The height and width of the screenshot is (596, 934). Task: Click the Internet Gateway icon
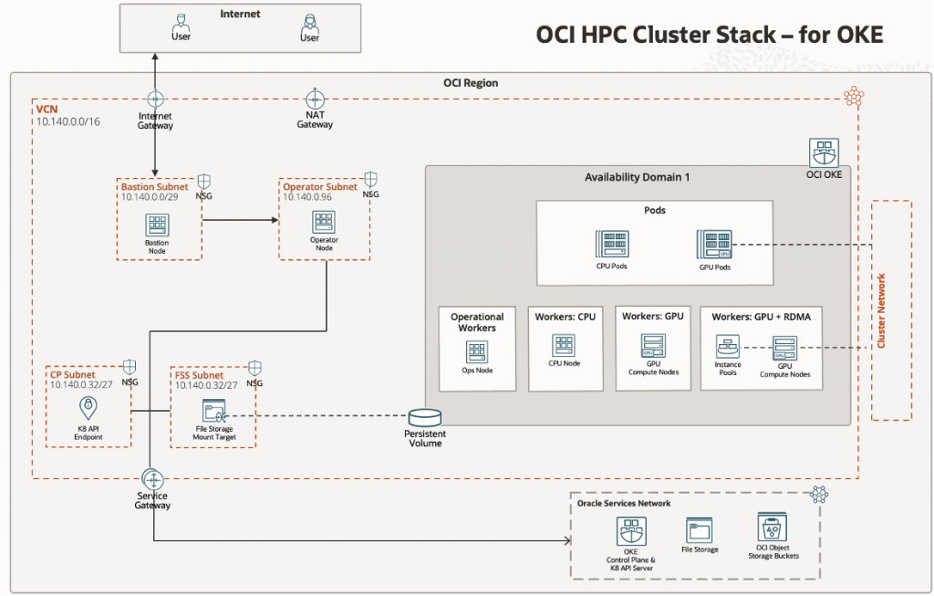coord(155,99)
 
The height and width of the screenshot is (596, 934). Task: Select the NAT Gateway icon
coord(315,99)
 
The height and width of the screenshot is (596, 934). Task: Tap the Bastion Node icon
coord(156,224)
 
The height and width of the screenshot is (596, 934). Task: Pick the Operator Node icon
coord(324,222)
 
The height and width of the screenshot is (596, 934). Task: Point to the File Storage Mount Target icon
coord(214,411)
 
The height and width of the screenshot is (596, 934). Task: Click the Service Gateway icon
coord(152,479)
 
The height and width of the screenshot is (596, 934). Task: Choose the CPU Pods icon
coord(610,245)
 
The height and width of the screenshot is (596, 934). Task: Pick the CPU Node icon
coord(563,346)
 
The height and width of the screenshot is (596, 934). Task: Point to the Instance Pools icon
coord(728,348)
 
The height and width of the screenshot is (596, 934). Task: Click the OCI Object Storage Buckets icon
coord(771,528)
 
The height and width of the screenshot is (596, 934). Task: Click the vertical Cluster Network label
coord(881,310)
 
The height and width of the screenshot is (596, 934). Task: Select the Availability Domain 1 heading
coord(638,177)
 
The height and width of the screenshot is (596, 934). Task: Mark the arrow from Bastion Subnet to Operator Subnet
coord(239,220)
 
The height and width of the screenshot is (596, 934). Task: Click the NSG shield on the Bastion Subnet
coord(204,182)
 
